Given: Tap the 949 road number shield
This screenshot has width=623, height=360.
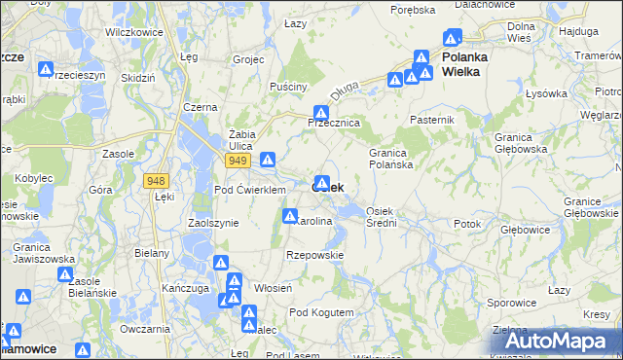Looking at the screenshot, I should pyautogui.click(x=238, y=160).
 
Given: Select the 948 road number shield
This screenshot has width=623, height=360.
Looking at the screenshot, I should pyautogui.click(x=155, y=181).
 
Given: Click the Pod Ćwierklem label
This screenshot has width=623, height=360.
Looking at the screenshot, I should pyautogui.click(x=248, y=190).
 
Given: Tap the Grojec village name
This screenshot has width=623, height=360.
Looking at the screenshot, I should pyautogui.click(x=249, y=59).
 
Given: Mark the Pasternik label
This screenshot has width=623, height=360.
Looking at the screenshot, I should pyautogui.click(x=432, y=119).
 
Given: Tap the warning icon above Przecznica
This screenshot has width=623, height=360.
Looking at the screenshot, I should pyautogui.click(x=320, y=113).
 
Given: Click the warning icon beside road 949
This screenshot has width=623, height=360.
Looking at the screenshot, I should pyautogui.click(x=268, y=160).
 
